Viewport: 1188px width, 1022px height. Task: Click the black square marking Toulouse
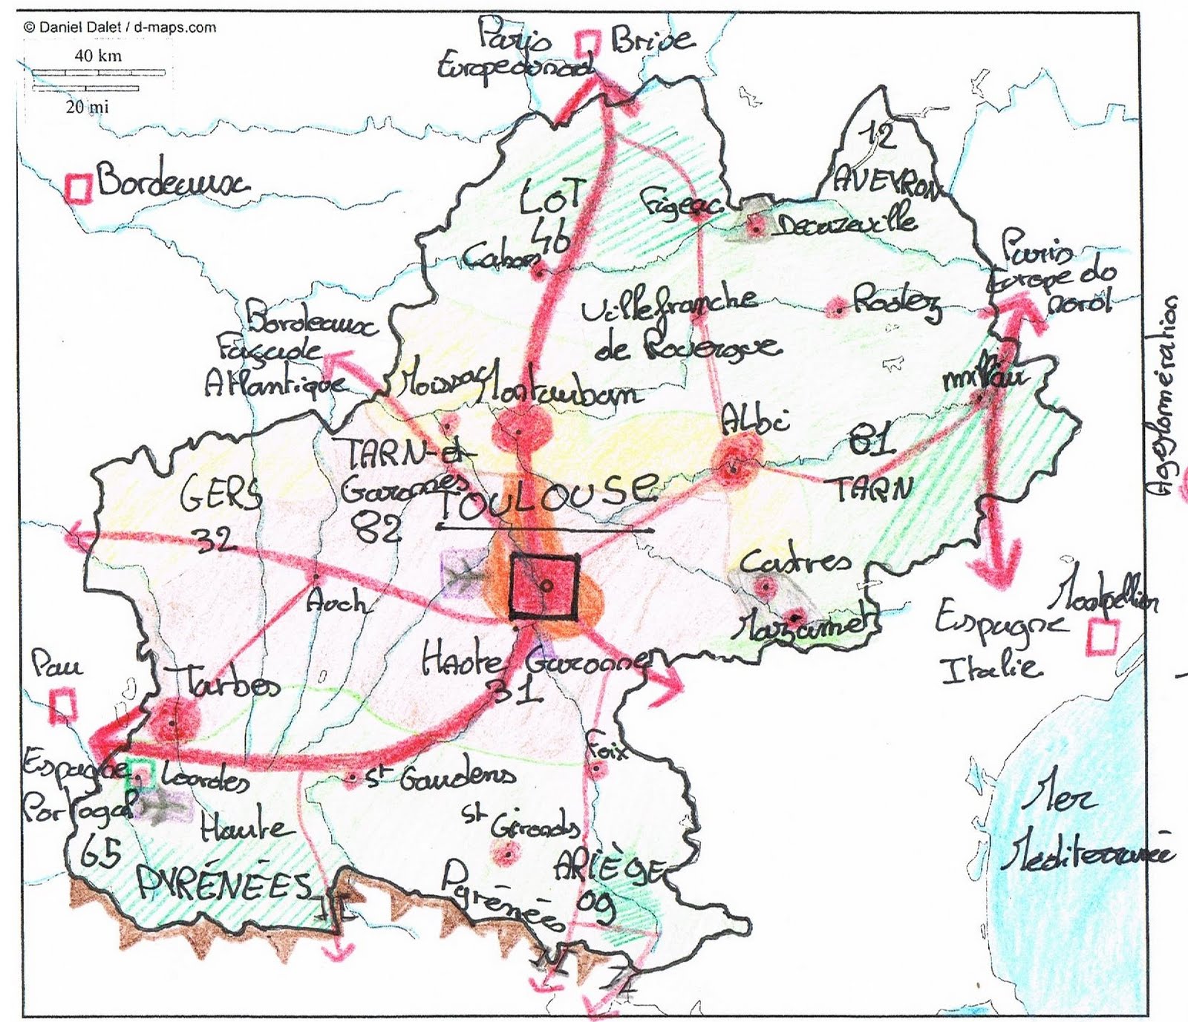pyautogui.click(x=544, y=586)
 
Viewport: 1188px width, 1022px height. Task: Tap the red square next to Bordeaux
pyautogui.click(x=79, y=188)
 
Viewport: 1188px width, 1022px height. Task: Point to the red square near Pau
pyautogui.click(x=63, y=704)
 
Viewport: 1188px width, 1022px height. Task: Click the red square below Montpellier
pyautogui.click(x=1103, y=638)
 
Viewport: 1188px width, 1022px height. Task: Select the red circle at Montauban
pyautogui.click(x=520, y=430)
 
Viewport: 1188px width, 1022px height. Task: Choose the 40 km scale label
pyautogui.click(x=97, y=56)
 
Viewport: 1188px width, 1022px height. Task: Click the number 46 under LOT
pyautogui.click(x=552, y=239)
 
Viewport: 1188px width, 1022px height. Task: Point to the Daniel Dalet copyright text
pyautogui.click(x=120, y=27)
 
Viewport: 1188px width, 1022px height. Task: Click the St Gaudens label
pyautogui.click(x=438, y=777)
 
